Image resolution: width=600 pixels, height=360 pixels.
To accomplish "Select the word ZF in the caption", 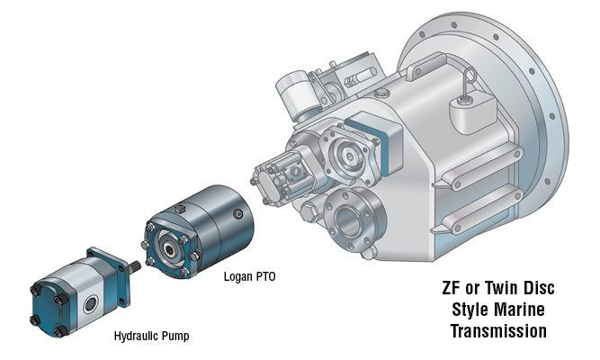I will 452,291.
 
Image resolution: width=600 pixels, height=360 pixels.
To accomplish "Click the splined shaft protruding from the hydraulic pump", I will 134,265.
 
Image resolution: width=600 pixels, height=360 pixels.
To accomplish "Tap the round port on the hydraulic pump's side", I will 90,305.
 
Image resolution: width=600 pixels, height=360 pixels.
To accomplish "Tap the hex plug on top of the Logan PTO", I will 180,209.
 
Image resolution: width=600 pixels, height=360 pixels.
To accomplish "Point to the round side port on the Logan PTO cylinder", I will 237,215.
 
